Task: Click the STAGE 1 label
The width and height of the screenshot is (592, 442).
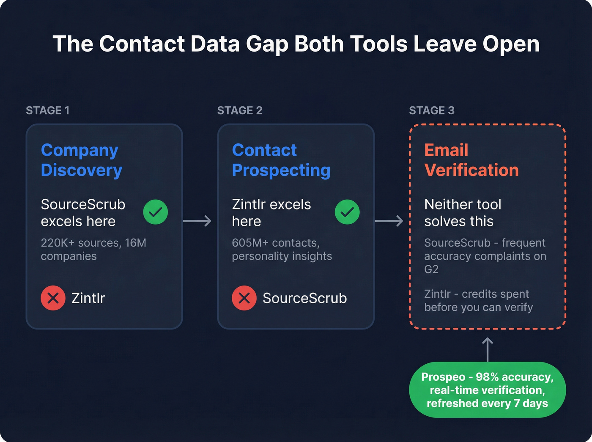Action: pos(47,110)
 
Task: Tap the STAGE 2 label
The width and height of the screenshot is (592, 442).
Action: pos(239,110)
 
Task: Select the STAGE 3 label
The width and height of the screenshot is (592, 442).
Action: pos(431,110)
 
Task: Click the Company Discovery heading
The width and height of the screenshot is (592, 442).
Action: pos(81,160)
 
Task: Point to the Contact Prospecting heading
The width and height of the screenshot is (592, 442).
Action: pos(281,160)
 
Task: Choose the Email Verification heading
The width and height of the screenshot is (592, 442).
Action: pos(471,160)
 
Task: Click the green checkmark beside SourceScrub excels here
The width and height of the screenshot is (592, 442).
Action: pos(155,212)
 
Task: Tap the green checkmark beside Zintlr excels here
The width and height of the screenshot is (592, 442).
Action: pos(347,212)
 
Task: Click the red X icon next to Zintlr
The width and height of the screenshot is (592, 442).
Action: pos(53,298)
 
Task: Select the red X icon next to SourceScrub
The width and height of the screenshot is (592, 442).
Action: pos(244,298)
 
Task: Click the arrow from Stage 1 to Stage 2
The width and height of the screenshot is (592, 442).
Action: pos(197,221)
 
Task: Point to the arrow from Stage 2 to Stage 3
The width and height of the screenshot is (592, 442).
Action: pos(389,221)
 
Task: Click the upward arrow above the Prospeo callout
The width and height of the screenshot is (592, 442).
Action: pos(488,349)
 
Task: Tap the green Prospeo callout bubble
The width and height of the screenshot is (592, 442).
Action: pos(487,390)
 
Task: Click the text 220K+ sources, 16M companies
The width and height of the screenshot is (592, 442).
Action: pos(93,250)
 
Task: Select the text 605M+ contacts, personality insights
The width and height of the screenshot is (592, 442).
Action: pos(282,250)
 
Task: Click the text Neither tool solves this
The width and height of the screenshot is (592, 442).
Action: pos(462,213)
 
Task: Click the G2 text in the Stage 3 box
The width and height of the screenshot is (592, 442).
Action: pos(431,269)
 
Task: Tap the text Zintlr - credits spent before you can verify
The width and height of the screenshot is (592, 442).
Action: pos(478,301)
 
